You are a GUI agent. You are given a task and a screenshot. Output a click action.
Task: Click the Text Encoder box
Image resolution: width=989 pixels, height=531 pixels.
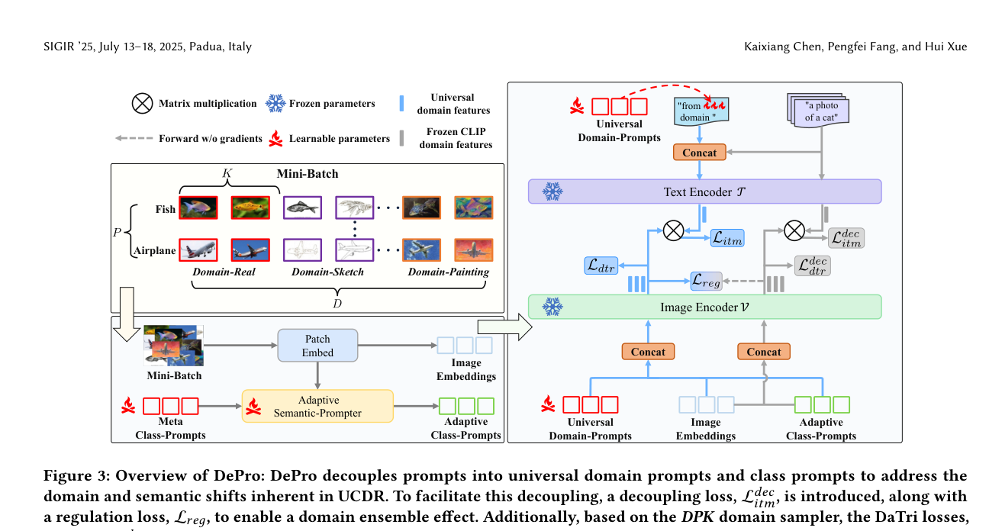pyautogui.click(x=704, y=191)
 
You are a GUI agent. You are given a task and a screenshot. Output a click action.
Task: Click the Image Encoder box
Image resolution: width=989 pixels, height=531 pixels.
pyautogui.click(x=704, y=307)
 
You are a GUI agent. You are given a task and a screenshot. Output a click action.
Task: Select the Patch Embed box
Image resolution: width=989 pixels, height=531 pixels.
pyautogui.click(x=317, y=345)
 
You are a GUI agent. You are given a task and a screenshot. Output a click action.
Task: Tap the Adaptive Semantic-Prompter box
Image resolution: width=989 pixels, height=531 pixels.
pyautogui.click(x=317, y=406)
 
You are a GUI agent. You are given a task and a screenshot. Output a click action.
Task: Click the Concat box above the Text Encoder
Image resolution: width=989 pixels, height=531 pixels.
pyautogui.click(x=699, y=153)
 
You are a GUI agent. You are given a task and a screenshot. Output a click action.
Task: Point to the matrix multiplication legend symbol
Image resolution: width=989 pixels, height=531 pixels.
pyautogui.click(x=142, y=103)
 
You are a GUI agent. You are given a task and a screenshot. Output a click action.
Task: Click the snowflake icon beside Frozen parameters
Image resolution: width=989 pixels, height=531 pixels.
pyautogui.click(x=275, y=103)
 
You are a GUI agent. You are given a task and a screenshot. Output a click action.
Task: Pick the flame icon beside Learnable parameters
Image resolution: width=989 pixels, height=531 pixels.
pyautogui.click(x=275, y=139)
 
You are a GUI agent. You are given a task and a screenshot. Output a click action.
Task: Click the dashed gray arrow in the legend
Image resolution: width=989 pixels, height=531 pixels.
pyautogui.click(x=134, y=139)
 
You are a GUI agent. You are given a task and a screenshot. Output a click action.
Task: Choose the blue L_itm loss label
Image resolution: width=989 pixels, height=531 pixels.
pyautogui.click(x=726, y=239)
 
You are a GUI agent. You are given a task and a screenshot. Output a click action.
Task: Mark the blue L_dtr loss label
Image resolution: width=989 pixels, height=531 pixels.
pyautogui.click(x=603, y=265)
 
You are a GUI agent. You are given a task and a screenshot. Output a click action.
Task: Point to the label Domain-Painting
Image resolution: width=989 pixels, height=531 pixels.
pyautogui.click(x=448, y=272)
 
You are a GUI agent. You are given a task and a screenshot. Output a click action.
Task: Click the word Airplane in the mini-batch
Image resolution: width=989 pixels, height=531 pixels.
pyautogui.click(x=155, y=250)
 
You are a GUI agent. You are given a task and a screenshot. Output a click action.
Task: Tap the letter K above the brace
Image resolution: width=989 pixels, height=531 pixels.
pyautogui.click(x=227, y=174)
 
